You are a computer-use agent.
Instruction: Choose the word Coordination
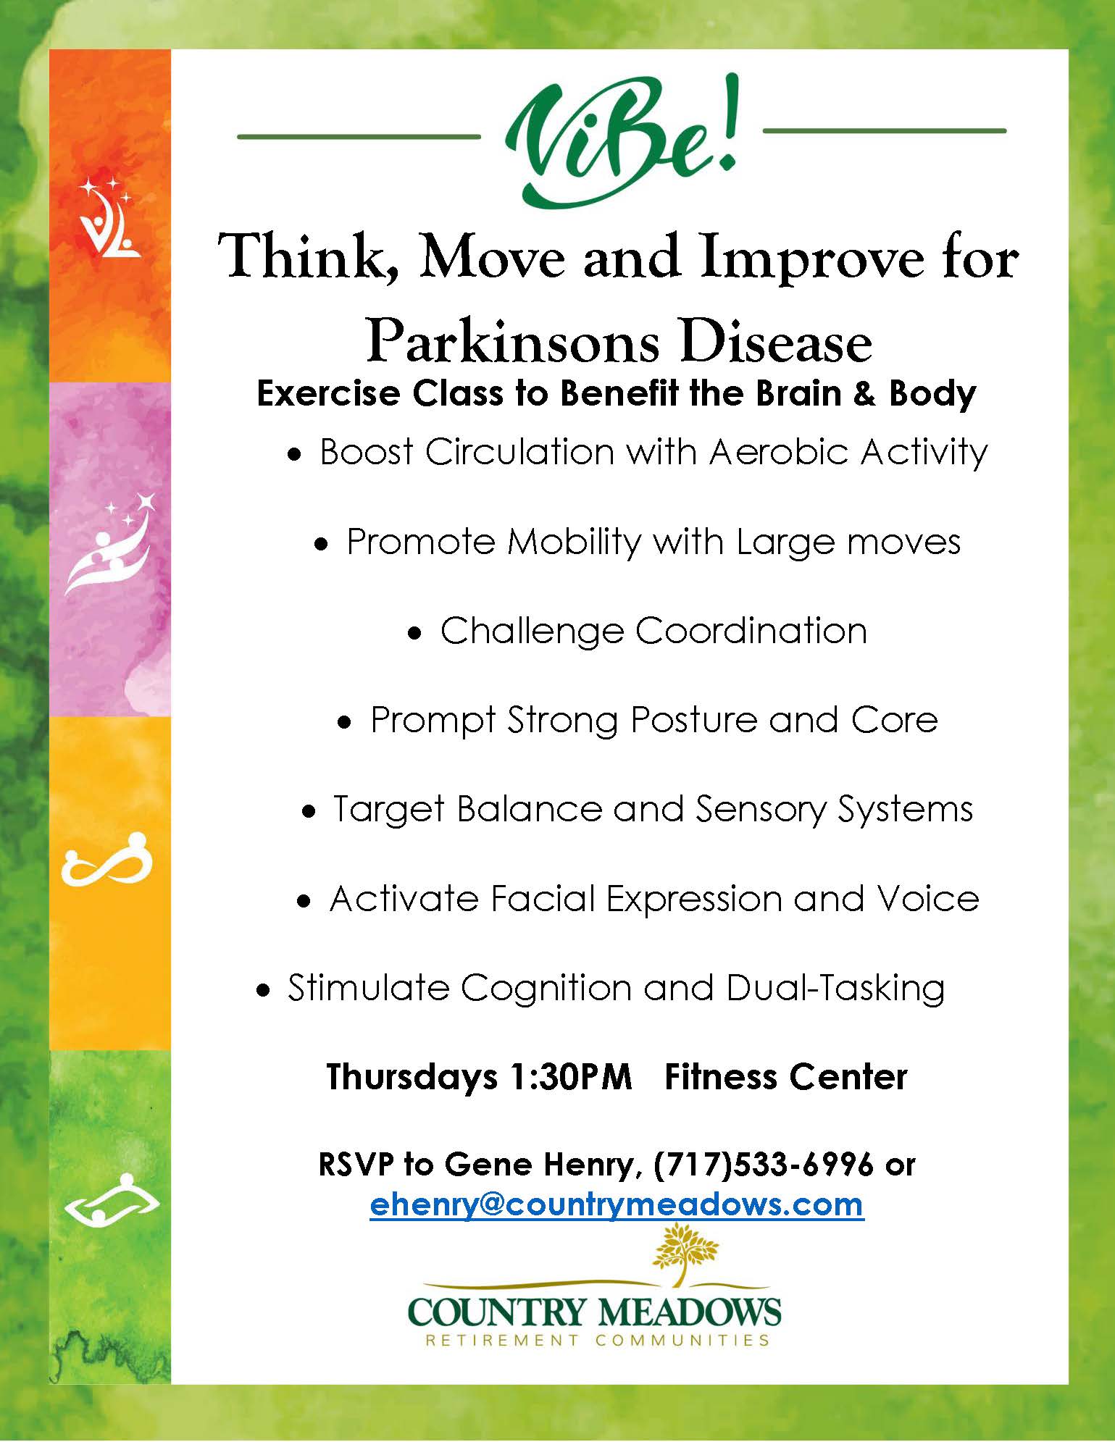751,630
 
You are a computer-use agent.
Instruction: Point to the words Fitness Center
786,1077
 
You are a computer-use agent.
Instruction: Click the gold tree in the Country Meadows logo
685,1254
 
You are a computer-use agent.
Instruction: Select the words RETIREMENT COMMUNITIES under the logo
597,1340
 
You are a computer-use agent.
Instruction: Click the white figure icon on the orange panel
109,217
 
